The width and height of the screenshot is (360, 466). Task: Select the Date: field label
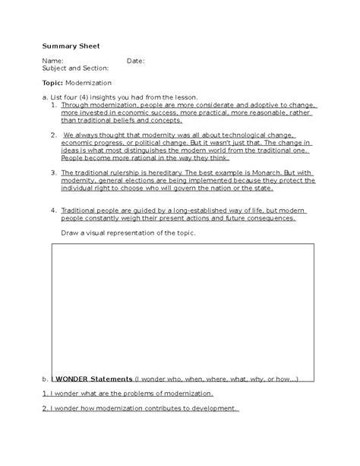[135, 61]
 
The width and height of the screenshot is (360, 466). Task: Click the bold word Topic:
[53, 83]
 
